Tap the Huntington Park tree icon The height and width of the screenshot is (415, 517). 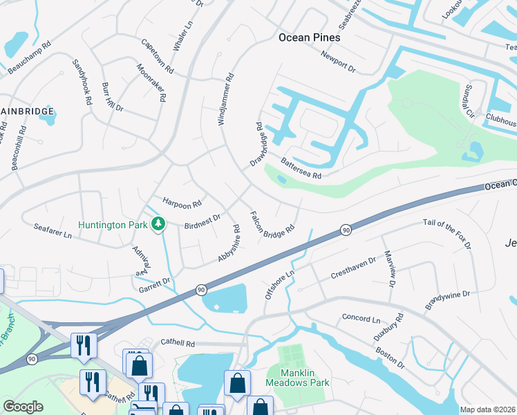click(159, 223)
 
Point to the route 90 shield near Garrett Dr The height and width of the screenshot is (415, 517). click(200, 289)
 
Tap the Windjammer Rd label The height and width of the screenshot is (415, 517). click(226, 99)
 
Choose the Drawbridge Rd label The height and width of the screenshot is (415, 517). click(261, 145)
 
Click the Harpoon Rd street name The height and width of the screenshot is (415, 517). click(182, 203)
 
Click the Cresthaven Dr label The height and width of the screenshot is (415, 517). click(352, 268)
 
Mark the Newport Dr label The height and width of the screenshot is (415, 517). click(337, 63)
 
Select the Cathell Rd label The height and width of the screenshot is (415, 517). click(178, 342)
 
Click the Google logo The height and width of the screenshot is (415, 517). click(23, 407)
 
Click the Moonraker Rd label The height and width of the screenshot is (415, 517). click(151, 83)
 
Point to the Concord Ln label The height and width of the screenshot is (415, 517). click(361, 319)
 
